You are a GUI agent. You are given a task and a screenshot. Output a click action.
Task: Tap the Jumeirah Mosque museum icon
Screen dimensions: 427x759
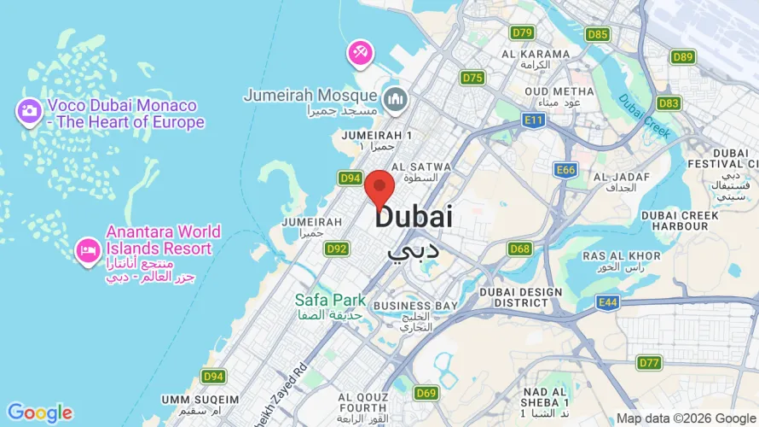coord(394,99)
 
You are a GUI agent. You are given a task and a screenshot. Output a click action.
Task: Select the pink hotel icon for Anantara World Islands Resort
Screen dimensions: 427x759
coord(87,250)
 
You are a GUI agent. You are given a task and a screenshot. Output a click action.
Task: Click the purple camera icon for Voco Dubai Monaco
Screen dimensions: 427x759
coord(29,110)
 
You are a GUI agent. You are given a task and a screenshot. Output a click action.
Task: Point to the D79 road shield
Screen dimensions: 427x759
coord(523,32)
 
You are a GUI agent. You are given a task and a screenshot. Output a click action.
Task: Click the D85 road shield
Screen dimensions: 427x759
coord(598,34)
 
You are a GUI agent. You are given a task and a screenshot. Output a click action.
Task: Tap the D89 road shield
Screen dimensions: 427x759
coord(682,57)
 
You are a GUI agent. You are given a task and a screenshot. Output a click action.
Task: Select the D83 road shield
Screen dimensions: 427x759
coord(669,103)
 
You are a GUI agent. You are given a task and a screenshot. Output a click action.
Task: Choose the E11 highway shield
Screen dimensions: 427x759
coord(534,120)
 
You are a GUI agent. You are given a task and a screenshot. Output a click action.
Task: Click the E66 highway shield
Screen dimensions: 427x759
coord(565,170)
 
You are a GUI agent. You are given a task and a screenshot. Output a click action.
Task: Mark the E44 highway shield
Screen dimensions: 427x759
coord(608,302)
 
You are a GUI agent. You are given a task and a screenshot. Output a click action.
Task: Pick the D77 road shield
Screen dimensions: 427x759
coord(650,362)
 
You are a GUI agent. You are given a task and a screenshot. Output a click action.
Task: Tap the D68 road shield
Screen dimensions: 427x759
coord(519,249)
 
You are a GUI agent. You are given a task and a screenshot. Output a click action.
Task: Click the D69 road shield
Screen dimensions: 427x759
coord(426,393)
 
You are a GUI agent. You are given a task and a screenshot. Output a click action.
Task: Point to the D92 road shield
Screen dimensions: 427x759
coord(337,249)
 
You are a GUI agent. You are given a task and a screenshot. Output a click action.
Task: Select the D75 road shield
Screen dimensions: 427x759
coord(472,78)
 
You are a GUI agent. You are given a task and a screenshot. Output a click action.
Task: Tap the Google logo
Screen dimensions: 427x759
coord(39,413)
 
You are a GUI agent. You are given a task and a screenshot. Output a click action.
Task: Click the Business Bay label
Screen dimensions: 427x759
coord(415,306)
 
